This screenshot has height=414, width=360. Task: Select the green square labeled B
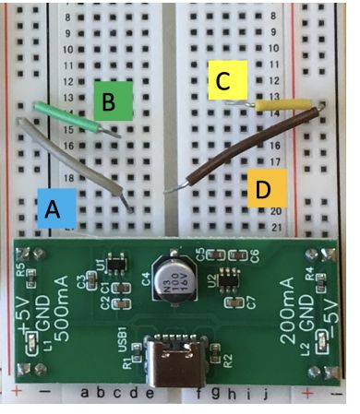tap(112, 101)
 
